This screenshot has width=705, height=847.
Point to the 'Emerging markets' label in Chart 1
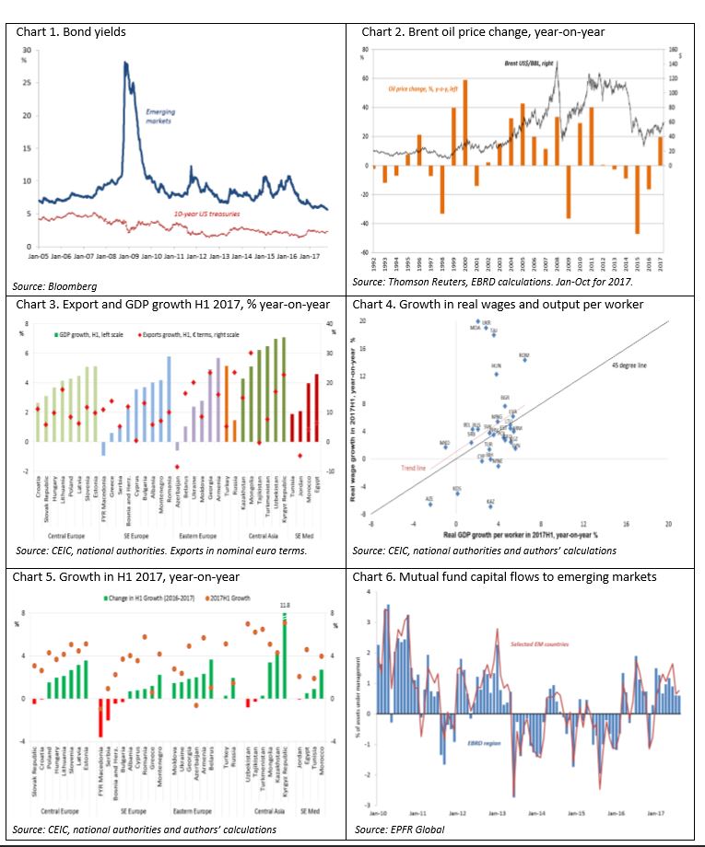coord(160,116)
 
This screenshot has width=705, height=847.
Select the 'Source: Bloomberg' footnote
coord(56,286)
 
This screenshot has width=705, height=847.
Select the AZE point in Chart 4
coord(429,504)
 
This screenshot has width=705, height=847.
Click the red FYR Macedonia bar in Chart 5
coord(100,717)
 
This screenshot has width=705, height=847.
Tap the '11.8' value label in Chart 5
coord(285,605)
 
